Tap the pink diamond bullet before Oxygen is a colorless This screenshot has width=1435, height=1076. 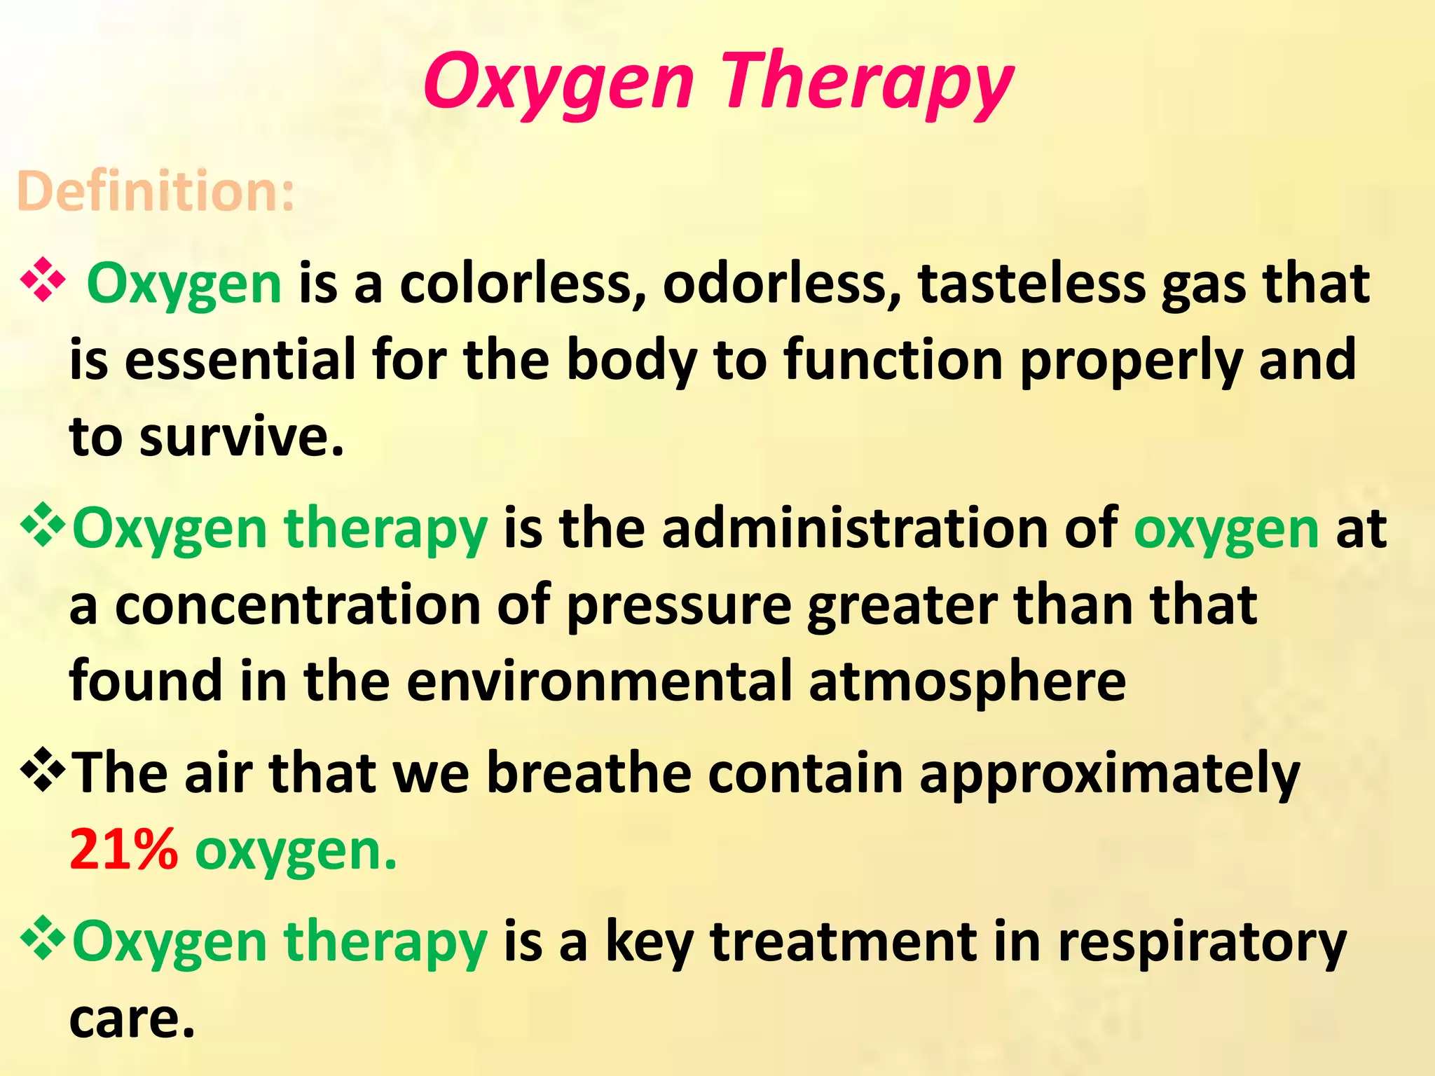coord(43,281)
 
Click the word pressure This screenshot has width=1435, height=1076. coord(678,607)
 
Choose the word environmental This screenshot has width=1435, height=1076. coord(599,681)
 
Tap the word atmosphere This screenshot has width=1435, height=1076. coord(967,682)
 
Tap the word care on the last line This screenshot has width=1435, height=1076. coord(131,1019)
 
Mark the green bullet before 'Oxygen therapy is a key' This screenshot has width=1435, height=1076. coord(43,937)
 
